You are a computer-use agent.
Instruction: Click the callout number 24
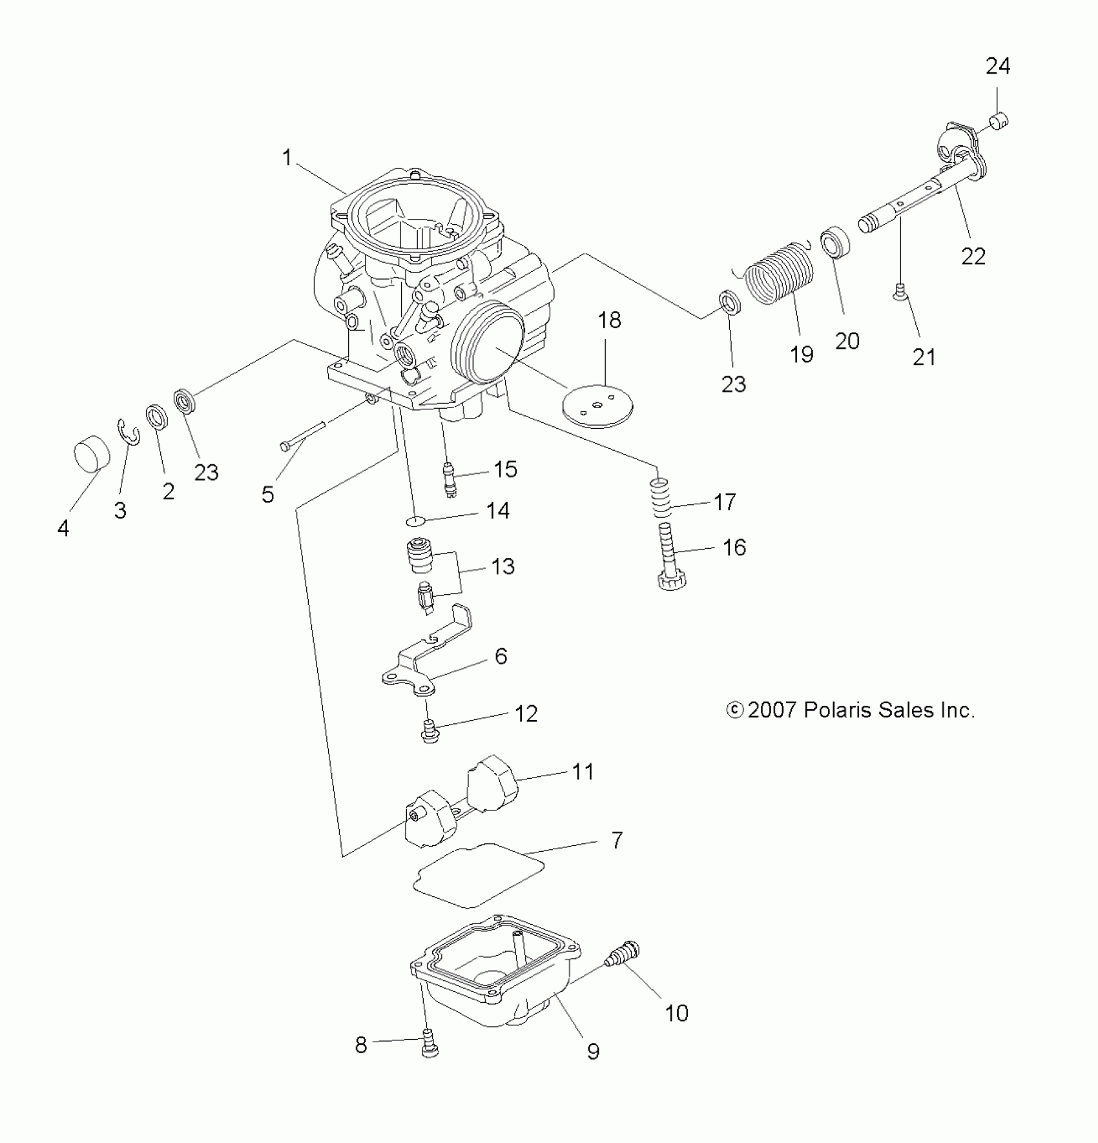(x=998, y=66)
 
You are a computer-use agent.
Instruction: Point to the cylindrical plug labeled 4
(x=92, y=452)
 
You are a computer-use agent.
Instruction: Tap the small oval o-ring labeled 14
(x=417, y=520)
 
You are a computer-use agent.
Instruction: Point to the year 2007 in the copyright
(x=772, y=710)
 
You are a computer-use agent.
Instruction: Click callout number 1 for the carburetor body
(x=287, y=157)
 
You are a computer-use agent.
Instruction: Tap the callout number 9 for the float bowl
(x=593, y=1051)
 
